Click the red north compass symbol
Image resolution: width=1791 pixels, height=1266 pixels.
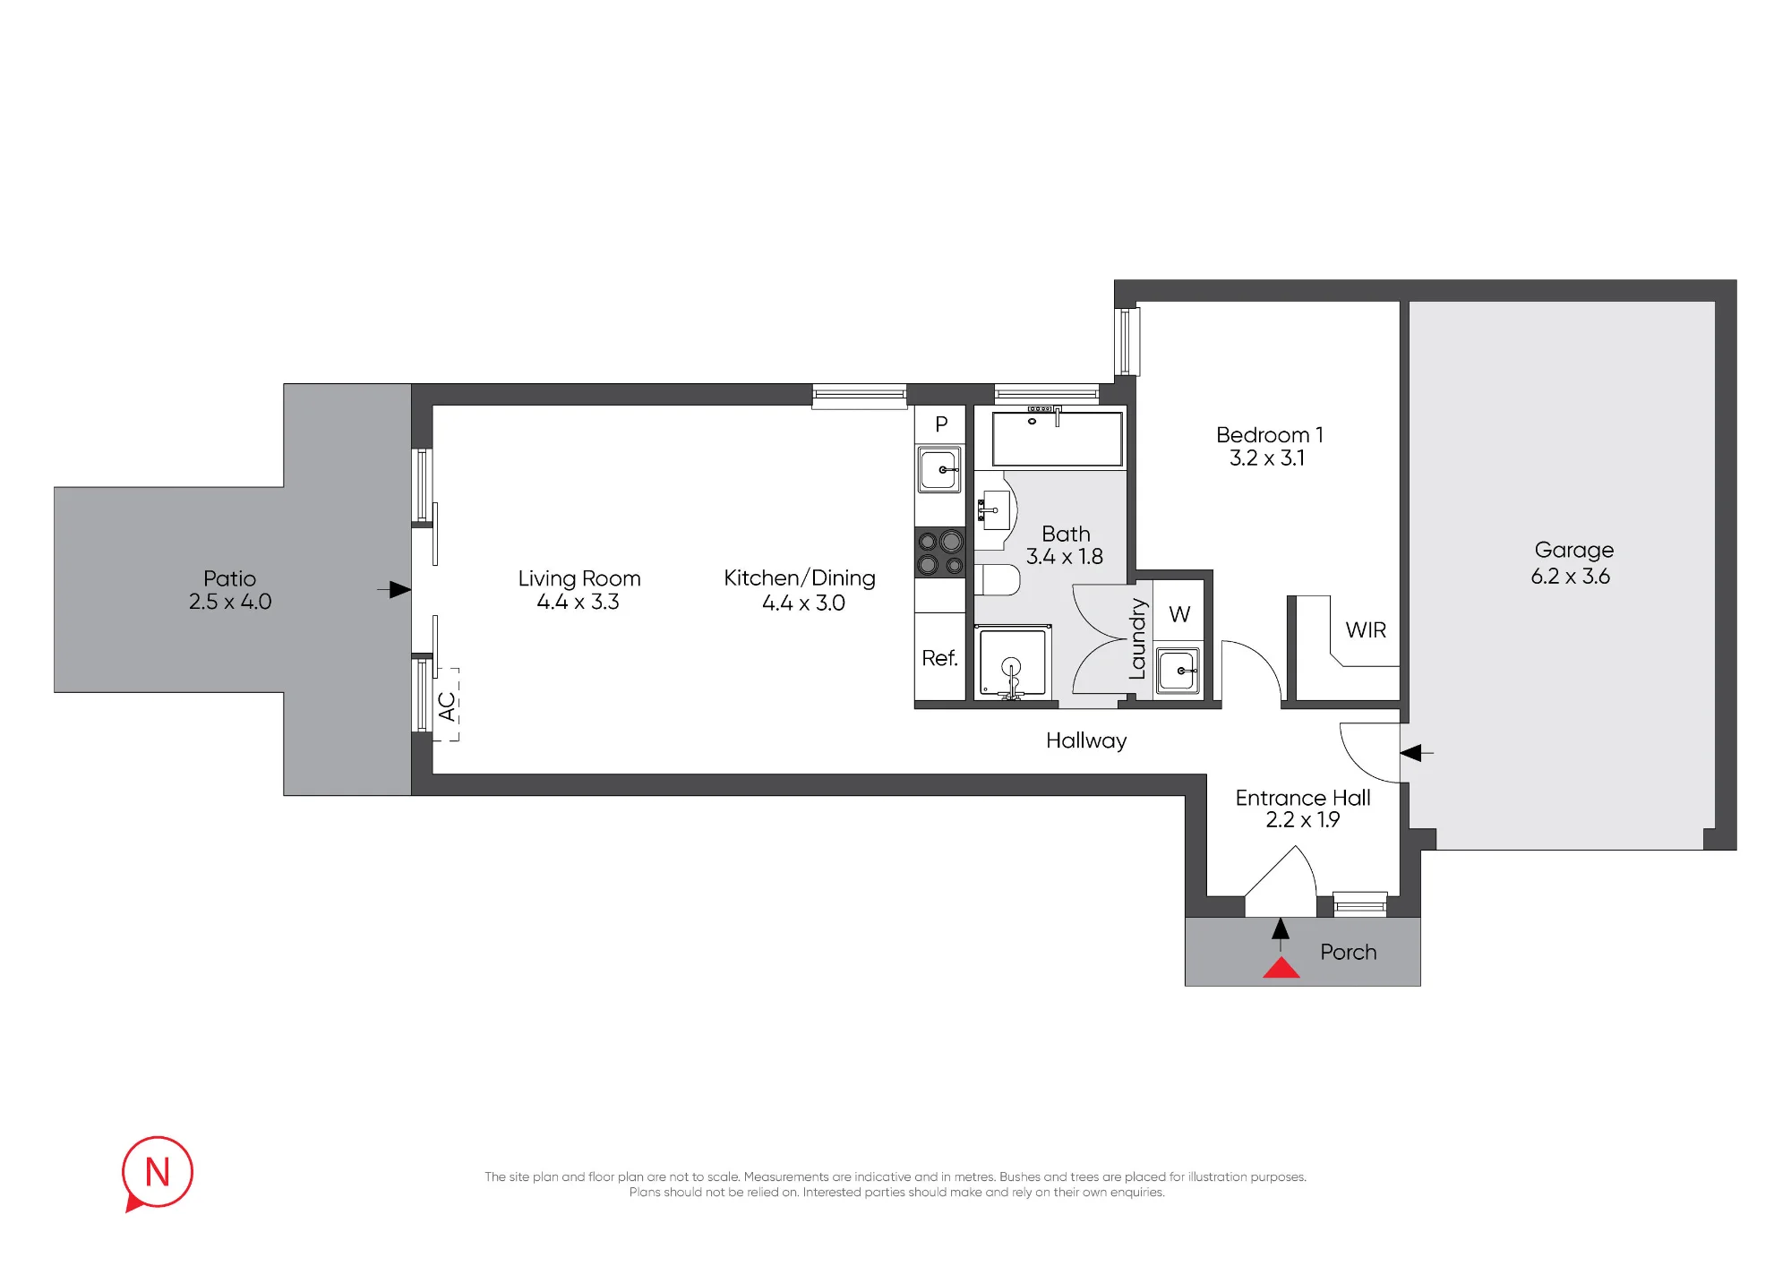click(x=157, y=1174)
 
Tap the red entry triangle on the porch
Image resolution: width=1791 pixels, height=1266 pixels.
click(x=1281, y=967)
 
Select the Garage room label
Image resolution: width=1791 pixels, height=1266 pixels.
click(x=1574, y=551)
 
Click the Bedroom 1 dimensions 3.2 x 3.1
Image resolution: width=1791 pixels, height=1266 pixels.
click(x=1267, y=458)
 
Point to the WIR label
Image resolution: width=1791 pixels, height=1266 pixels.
click(x=1366, y=630)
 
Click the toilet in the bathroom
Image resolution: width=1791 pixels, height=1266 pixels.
click(x=998, y=580)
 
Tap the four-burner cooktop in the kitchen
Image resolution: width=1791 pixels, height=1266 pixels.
click(x=939, y=552)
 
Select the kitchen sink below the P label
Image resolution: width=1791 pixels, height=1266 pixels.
click(x=939, y=469)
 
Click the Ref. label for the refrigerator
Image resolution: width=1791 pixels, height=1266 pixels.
click(x=939, y=658)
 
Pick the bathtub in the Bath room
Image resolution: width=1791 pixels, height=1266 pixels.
click(x=1057, y=438)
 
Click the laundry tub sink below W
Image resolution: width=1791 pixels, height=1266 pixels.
click(x=1178, y=670)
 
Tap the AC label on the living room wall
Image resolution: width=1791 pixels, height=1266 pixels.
click(x=447, y=706)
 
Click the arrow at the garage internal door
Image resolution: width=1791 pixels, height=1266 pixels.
click(x=1417, y=753)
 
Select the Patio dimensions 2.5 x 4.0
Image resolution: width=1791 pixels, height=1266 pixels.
click(x=230, y=602)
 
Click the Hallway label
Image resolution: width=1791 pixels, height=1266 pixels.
click(x=1086, y=741)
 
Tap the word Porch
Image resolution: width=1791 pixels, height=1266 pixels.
click(x=1348, y=952)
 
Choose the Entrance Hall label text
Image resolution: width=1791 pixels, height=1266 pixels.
click(x=1303, y=798)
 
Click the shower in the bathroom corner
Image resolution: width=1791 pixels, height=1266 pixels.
click(x=1013, y=663)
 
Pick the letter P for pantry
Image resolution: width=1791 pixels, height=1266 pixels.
click(x=941, y=424)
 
